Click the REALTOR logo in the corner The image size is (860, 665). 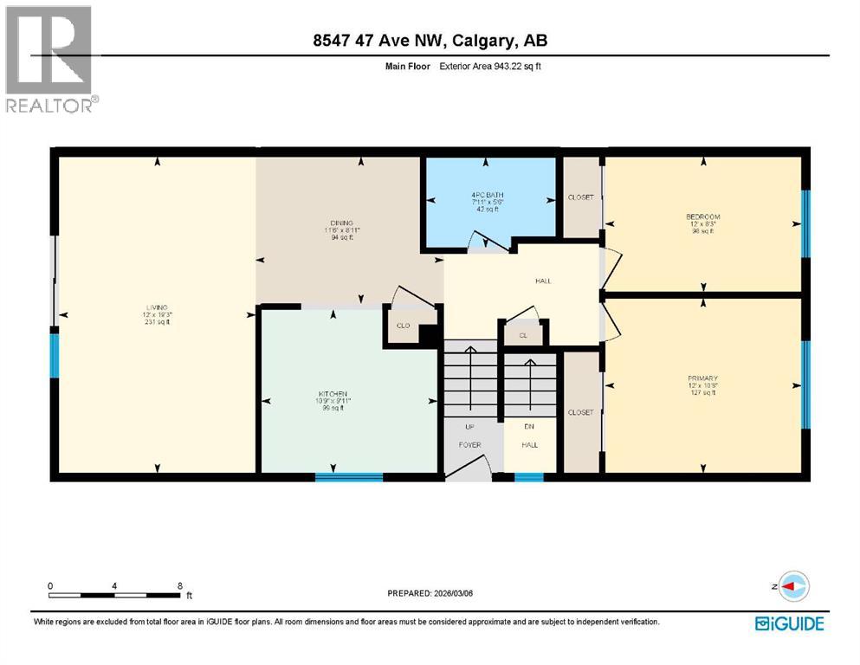click(x=49, y=58)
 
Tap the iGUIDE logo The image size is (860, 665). click(x=789, y=623)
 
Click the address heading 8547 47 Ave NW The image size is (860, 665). click(x=430, y=41)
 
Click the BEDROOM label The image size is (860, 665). click(x=702, y=216)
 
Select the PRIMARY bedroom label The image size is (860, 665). click(x=702, y=378)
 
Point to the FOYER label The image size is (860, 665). click(x=469, y=445)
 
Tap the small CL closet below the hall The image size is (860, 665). click(x=523, y=334)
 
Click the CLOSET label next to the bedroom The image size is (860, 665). click(x=580, y=197)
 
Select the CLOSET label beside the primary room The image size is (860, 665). click(x=580, y=412)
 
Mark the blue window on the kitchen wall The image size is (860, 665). click(x=348, y=476)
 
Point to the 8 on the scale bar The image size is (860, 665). click(x=178, y=586)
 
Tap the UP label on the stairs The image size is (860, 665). click(x=469, y=425)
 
